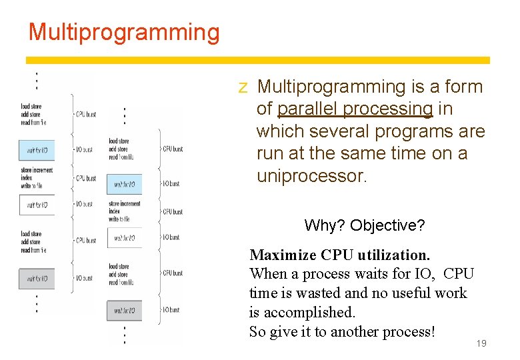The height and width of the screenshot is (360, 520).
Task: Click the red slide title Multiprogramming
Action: coord(123,32)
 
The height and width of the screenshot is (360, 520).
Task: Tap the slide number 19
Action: coord(480,343)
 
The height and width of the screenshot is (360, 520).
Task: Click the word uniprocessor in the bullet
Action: coord(311,176)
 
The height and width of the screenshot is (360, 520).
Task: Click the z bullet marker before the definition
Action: coord(243,87)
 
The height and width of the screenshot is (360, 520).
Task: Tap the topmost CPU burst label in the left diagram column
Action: coord(85,114)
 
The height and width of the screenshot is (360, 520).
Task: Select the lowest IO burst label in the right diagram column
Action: coord(172,309)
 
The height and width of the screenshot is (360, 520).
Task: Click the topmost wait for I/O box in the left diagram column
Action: coord(37,150)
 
